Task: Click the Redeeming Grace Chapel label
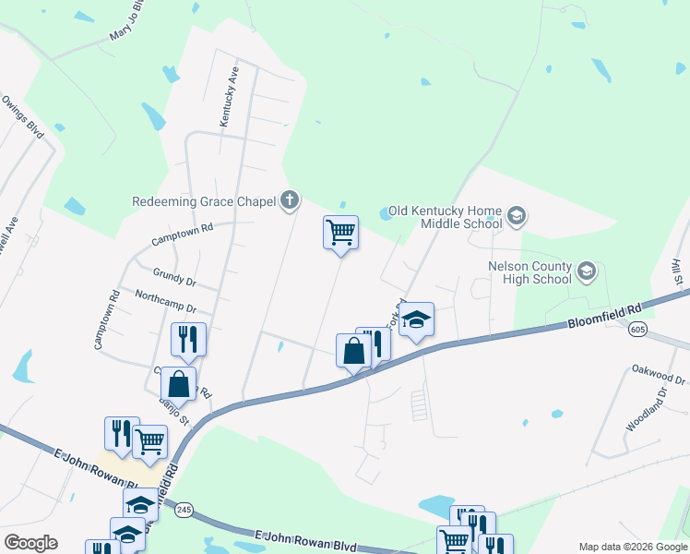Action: [204, 200]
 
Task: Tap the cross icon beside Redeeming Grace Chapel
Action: [291, 199]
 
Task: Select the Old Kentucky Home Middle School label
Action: [446, 217]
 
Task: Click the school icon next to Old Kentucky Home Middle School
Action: [516, 217]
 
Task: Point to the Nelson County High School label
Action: [529, 272]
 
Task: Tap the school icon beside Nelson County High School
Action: [586, 272]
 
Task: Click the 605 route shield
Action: [636, 330]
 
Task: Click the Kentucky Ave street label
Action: [229, 96]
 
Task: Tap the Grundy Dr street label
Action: [175, 276]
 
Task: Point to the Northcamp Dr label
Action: [166, 301]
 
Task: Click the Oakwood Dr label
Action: [659, 373]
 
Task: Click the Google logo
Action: [30, 543]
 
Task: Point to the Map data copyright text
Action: [632, 547]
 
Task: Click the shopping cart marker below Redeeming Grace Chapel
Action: [340, 232]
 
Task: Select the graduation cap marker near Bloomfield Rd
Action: [417, 319]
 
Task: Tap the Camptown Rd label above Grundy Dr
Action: [183, 233]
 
